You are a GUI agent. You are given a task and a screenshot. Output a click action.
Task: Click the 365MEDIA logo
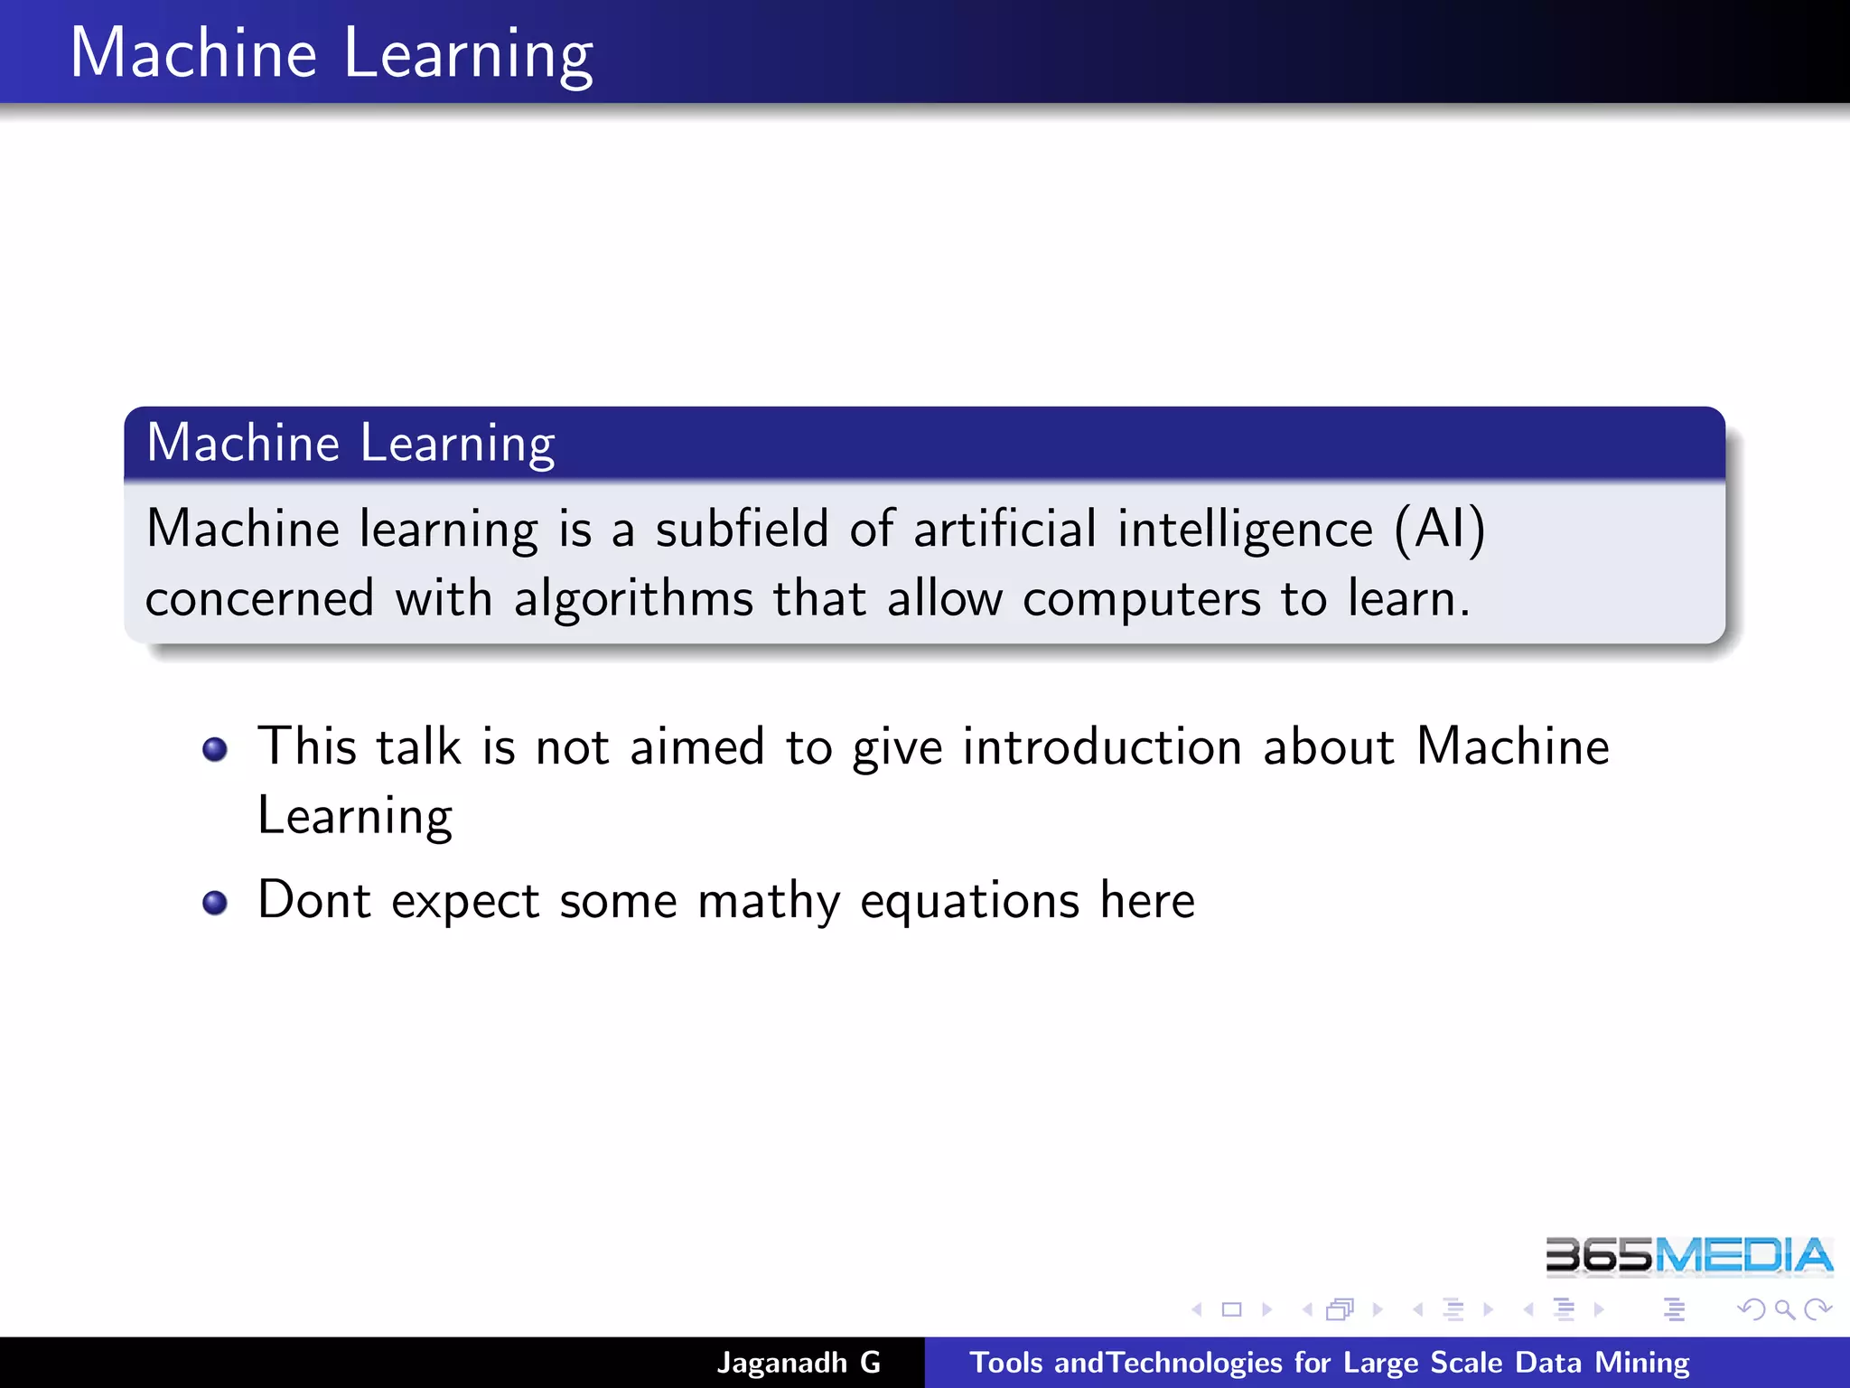tap(1688, 1256)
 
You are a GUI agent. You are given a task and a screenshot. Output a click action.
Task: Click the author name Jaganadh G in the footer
tap(799, 1362)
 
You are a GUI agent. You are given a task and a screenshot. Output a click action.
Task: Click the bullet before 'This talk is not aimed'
tap(215, 749)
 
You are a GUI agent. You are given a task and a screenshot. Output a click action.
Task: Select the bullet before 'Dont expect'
tap(215, 903)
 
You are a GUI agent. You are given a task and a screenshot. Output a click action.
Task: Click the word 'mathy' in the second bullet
tap(769, 901)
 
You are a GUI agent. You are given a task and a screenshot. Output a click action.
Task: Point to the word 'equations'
tap(969, 901)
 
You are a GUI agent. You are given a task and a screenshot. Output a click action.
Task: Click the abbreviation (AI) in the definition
tap(1440, 529)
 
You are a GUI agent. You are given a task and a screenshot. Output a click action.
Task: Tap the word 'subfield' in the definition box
tap(742, 529)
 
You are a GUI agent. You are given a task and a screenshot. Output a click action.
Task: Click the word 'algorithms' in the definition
tap(633, 599)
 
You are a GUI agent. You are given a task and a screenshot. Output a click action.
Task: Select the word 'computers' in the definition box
tap(1141, 599)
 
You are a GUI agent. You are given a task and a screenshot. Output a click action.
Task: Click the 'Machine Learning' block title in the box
tap(350, 443)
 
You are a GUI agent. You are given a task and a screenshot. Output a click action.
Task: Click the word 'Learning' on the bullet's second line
tap(355, 816)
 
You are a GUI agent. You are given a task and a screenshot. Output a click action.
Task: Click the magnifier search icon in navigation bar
tap(1784, 1309)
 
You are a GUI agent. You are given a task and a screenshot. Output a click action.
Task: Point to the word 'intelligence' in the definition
tap(1245, 529)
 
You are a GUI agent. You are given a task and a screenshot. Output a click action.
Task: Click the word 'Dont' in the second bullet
tap(313, 901)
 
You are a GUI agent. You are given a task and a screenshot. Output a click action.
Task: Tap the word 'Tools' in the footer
tap(1005, 1362)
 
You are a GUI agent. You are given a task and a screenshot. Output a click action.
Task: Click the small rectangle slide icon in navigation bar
tap(1231, 1309)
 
